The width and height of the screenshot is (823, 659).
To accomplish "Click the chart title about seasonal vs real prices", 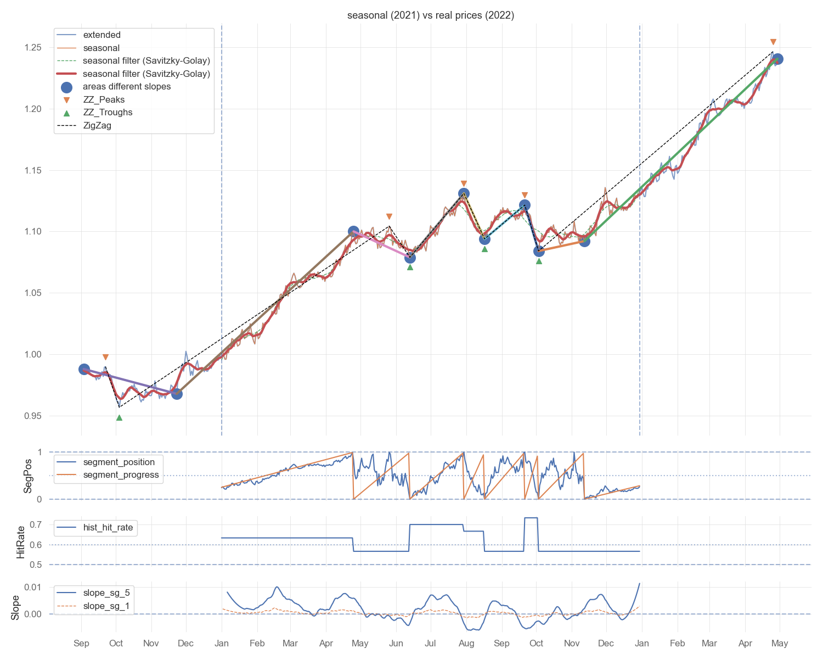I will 431,15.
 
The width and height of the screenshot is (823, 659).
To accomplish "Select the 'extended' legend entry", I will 102,35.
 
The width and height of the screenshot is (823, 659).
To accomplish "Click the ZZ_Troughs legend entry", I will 108,113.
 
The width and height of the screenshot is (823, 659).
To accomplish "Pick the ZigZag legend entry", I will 97,126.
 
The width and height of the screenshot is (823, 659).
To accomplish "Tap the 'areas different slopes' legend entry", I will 127,87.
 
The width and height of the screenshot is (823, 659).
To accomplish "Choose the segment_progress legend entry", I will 121,475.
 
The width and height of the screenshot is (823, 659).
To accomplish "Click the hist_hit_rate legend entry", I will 108,528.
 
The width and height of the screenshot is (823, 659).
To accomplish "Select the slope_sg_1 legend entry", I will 106,606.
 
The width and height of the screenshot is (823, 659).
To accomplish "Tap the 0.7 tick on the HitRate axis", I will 36,525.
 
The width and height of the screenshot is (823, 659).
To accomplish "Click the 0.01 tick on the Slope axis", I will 33,588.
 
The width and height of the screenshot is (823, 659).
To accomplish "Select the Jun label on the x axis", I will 396,644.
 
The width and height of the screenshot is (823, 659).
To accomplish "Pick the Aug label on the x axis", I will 466,644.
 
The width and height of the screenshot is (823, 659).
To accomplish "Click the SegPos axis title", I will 28,476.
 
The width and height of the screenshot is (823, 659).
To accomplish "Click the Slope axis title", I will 15,607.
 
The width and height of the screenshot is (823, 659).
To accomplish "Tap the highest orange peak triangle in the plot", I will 773,42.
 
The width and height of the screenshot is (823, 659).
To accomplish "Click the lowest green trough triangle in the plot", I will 119,418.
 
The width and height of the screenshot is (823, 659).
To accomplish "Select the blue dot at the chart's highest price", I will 777,59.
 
